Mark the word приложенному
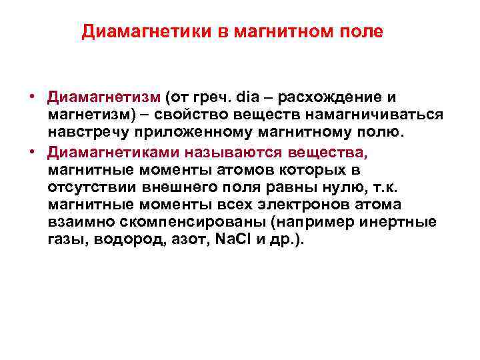(x=173, y=133)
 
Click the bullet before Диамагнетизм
(x=31, y=98)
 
